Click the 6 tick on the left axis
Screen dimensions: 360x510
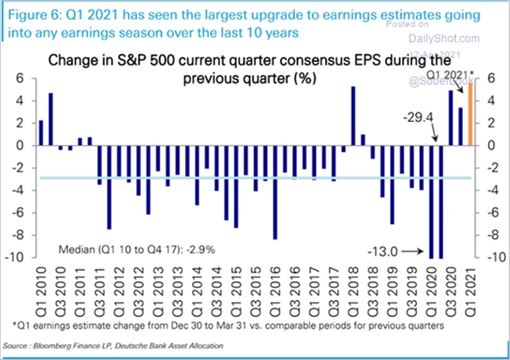click(25, 78)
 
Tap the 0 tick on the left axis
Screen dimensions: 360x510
click(25, 146)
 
